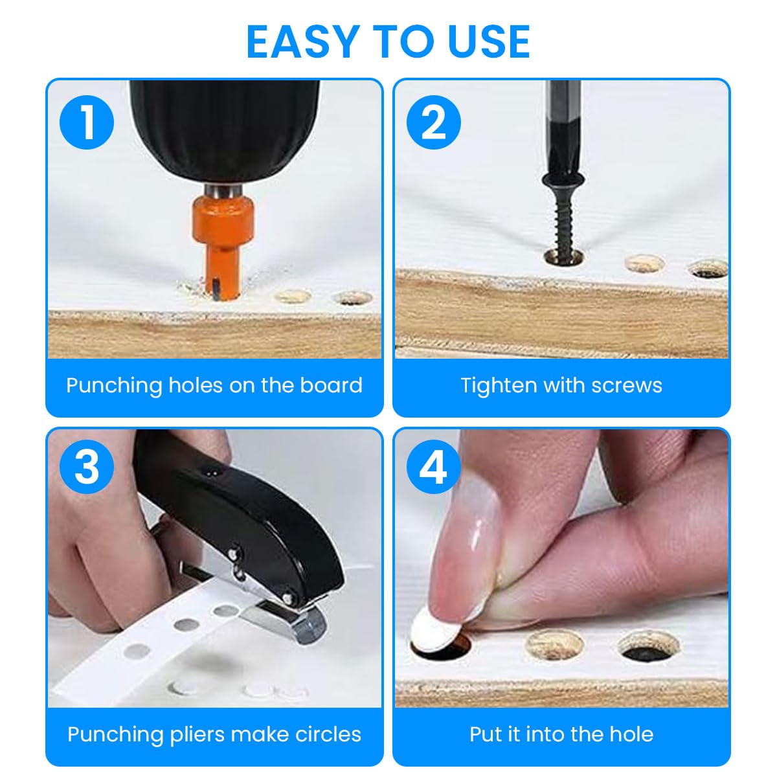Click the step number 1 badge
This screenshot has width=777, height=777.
[87, 122]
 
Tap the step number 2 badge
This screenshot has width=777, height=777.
[434, 122]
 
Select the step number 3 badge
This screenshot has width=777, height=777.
[87, 466]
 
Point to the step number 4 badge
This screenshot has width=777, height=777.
[434, 466]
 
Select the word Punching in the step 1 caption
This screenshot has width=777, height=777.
[114, 386]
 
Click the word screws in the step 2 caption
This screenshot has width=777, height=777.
[627, 386]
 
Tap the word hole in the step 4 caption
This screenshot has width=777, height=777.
[628, 735]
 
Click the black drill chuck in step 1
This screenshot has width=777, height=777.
[223, 129]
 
